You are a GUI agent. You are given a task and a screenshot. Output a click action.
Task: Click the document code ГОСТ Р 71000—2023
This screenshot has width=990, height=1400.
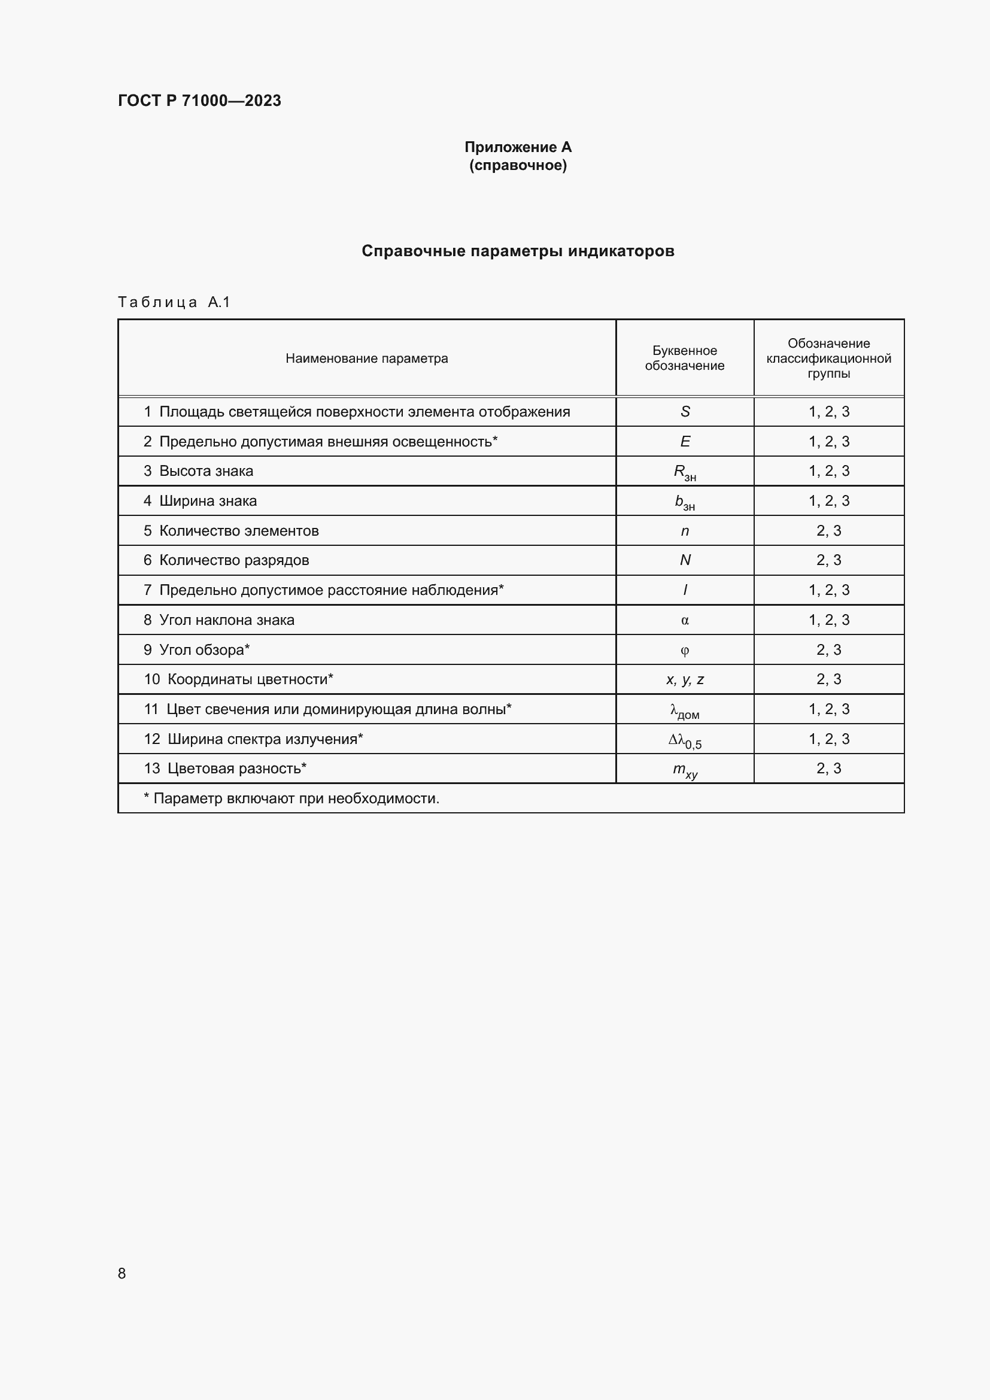click(x=199, y=101)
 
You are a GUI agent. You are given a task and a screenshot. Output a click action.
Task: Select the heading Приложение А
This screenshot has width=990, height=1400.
click(x=518, y=147)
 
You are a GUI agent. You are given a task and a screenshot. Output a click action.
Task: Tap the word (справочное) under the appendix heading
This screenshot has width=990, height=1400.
click(x=518, y=165)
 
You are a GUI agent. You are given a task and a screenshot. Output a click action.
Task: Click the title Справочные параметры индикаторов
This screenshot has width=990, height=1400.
click(x=518, y=251)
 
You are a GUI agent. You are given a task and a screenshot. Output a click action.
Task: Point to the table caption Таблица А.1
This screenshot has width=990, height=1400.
click(x=174, y=302)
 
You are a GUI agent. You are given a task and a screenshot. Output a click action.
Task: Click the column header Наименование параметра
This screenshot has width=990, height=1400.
click(x=366, y=359)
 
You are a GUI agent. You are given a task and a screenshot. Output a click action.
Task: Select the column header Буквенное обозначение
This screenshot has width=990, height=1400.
click(x=685, y=358)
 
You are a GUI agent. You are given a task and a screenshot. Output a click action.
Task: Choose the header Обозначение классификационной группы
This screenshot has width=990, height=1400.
click(x=828, y=358)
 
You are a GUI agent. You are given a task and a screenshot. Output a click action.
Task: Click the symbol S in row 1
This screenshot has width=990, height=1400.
click(x=685, y=412)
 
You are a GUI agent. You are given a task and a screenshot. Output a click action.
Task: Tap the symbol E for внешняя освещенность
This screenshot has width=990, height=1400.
click(x=685, y=442)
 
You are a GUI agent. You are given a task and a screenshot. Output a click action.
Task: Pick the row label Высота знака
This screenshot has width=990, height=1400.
click(x=206, y=470)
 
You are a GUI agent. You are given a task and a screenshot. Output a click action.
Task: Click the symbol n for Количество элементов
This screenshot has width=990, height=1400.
click(x=685, y=530)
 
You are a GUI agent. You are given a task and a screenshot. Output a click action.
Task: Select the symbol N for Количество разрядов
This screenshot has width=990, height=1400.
click(x=685, y=560)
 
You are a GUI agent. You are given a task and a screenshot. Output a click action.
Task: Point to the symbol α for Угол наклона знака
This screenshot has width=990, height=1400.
click(x=685, y=620)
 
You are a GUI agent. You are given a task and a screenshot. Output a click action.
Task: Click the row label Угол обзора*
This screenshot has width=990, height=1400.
click(x=204, y=649)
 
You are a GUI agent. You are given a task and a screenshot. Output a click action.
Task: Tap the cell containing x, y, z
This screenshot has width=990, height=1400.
click(x=685, y=679)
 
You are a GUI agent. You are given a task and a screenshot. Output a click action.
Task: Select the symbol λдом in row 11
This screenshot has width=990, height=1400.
click(x=685, y=710)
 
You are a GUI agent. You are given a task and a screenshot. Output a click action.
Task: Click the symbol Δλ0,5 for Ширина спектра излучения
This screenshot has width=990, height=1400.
click(x=685, y=740)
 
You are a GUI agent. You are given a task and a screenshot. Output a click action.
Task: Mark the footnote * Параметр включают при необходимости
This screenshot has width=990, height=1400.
click(x=291, y=798)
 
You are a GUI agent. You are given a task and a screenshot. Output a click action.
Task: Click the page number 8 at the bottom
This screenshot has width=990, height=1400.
click(x=122, y=1273)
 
